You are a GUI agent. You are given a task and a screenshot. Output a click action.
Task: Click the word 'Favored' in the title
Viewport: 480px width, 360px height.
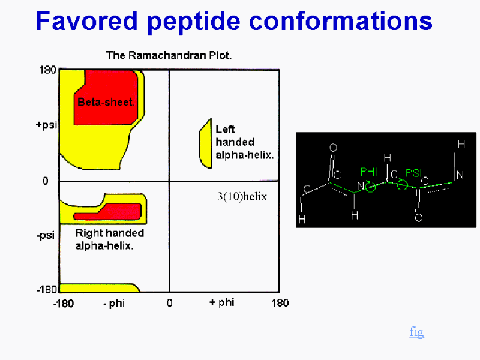pyautogui.click(x=86, y=21)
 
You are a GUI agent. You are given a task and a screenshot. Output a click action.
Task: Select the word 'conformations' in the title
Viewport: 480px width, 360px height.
pyautogui.click(x=341, y=21)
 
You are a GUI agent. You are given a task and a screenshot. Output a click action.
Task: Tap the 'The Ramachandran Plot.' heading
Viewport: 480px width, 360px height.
pyautogui.click(x=169, y=55)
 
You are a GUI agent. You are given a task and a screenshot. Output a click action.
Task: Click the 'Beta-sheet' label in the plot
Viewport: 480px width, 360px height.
pyautogui.click(x=105, y=102)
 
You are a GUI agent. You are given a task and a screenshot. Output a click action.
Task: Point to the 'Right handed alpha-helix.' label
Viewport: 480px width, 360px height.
pyautogui.click(x=110, y=239)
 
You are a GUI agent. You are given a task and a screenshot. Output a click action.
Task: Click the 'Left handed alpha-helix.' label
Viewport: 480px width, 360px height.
pyautogui.click(x=244, y=142)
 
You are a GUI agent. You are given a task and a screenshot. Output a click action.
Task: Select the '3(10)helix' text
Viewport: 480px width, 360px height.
pyautogui.click(x=242, y=197)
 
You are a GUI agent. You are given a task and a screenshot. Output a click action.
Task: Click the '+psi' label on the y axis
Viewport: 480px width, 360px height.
pyautogui.click(x=47, y=125)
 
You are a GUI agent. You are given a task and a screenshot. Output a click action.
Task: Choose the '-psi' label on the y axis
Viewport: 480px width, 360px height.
pyautogui.click(x=46, y=235)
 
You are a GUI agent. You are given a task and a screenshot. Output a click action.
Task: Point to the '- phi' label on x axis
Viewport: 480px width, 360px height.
pyautogui.click(x=114, y=304)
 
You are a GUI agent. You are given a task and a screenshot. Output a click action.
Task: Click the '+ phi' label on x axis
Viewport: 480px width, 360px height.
pyautogui.click(x=222, y=303)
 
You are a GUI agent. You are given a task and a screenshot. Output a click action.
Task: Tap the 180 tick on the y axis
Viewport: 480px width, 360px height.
pyautogui.click(x=47, y=70)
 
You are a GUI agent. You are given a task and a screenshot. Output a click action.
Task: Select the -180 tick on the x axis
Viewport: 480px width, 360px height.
pyautogui.click(x=64, y=304)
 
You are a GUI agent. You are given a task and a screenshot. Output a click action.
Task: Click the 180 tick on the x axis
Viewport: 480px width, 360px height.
pyautogui.click(x=280, y=303)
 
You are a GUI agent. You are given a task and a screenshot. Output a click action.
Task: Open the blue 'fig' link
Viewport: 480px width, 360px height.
pyautogui.click(x=416, y=332)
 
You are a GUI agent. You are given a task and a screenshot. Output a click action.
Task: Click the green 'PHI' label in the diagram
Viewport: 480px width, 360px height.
pyautogui.click(x=368, y=172)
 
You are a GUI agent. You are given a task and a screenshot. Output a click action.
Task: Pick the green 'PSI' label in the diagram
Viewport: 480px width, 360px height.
pyautogui.click(x=413, y=173)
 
